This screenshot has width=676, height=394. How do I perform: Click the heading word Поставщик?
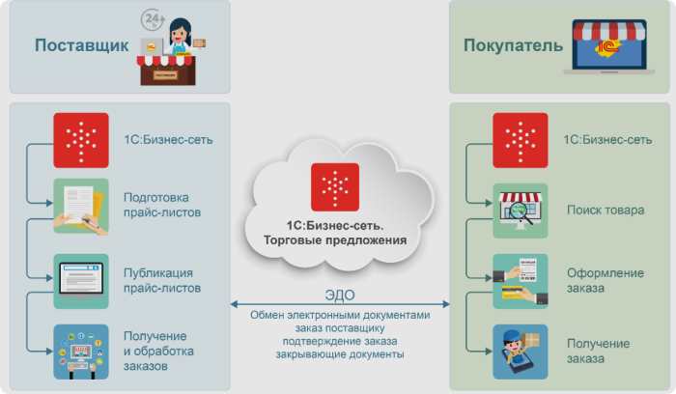pyautogui.click(x=81, y=45)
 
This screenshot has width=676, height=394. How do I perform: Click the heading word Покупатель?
pyautogui.click(x=513, y=45)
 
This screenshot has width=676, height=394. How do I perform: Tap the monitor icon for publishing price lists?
pyautogui.click(x=81, y=280)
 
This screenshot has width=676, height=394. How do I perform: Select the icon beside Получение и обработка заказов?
pyautogui.click(x=81, y=350)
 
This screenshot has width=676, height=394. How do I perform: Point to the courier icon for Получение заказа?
pyautogui.click(x=520, y=350)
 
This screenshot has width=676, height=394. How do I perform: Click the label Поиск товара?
pyautogui.click(x=604, y=210)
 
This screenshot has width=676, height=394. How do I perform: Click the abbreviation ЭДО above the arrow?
pyautogui.click(x=336, y=296)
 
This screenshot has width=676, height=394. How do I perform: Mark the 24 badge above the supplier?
pyautogui.click(x=153, y=18)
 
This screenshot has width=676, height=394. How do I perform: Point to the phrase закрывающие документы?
pyautogui.click(x=337, y=354)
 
